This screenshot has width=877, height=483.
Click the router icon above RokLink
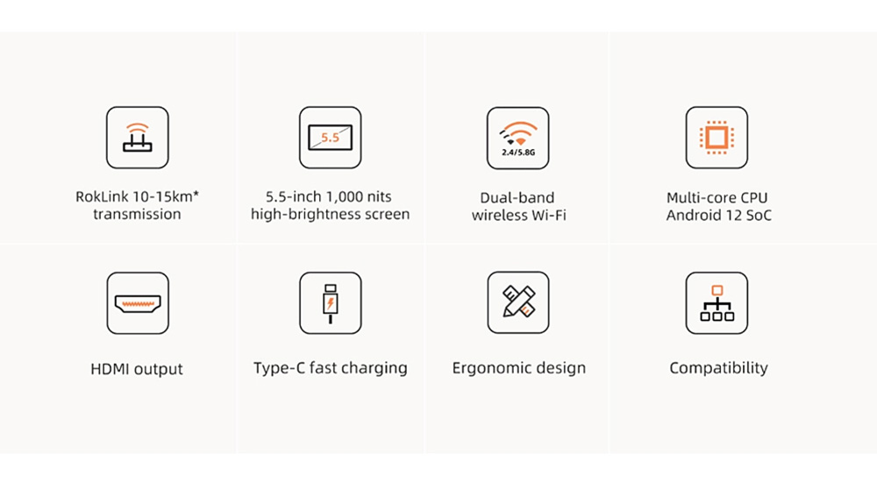[x=138, y=138]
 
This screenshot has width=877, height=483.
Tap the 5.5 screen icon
[x=330, y=138]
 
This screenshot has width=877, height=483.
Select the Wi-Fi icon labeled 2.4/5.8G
[x=518, y=139]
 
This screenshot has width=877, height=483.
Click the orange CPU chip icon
[x=717, y=138]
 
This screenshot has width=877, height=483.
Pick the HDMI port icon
[x=138, y=303]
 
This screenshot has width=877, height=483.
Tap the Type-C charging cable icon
[x=330, y=303]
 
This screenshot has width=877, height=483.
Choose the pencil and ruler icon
[x=518, y=302]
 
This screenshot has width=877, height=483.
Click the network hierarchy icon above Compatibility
[x=717, y=303]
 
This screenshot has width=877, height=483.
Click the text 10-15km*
[x=171, y=196]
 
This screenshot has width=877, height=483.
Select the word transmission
[x=137, y=214]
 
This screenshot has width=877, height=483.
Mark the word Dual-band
[x=517, y=198]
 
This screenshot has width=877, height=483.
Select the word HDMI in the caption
[x=110, y=369]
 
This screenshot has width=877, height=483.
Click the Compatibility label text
[x=719, y=368]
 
